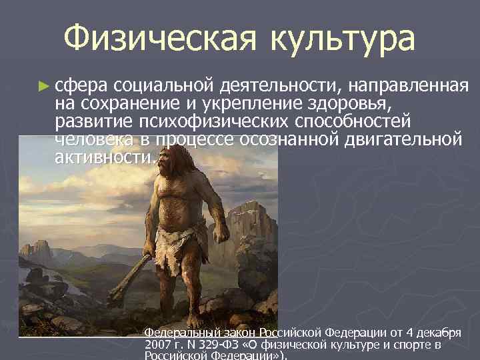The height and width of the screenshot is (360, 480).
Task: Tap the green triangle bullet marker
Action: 43,86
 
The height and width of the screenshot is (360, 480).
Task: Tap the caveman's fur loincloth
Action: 176,243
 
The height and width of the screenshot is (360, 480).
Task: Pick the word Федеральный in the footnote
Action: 179,333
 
